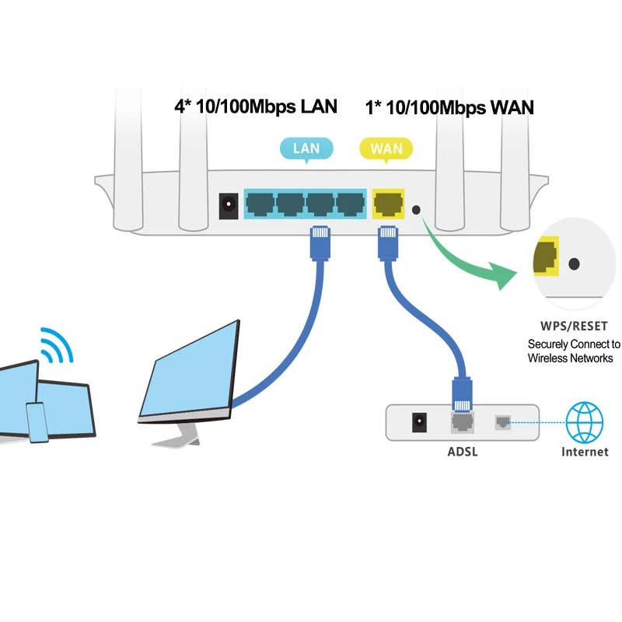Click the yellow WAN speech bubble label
386,148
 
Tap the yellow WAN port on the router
388,204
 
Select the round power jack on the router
229,205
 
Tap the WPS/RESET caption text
574,326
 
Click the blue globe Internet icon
584,422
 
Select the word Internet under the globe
584,452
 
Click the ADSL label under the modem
463,451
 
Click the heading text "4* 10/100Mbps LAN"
256,107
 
